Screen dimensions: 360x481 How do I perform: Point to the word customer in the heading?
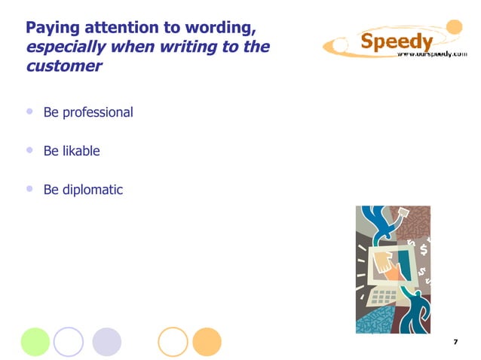pos(63,66)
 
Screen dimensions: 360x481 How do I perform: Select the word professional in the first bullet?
pos(97,113)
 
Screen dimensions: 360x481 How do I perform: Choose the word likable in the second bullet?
pos(81,151)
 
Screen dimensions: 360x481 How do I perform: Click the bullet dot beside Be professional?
pos(30,111)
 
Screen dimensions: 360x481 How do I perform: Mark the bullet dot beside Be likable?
pos(30,150)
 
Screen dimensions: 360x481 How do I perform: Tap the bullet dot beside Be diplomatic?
pos(30,188)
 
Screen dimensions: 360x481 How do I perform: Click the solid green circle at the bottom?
pos(35,341)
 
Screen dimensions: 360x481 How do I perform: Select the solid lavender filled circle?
pos(106,341)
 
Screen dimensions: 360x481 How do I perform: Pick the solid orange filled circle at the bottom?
pos(207,341)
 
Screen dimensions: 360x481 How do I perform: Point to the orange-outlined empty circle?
pos(173,341)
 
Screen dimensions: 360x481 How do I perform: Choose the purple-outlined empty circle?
pos(69,341)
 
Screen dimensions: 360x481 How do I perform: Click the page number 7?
pos(455,343)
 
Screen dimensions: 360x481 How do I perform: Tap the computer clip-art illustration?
pos(393,269)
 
